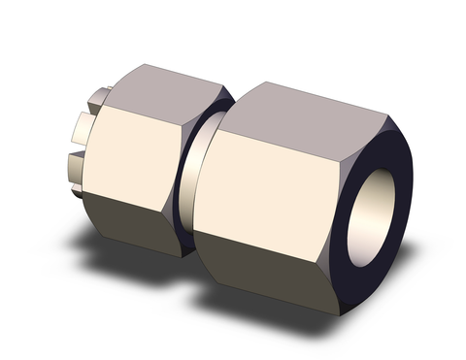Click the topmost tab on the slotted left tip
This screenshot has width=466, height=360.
tap(97, 98)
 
